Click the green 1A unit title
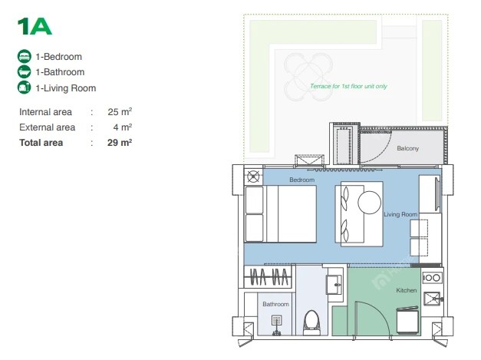point(35,26)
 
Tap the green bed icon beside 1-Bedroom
point(25,57)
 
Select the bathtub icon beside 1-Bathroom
point(25,72)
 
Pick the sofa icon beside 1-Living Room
point(25,88)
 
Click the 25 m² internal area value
point(120,112)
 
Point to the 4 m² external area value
point(123,127)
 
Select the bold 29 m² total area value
point(120,143)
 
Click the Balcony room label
point(407,148)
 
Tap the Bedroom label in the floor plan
point(301,180)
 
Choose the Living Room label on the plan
point(400,214)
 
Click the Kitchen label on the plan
point(406,290)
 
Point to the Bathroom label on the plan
point(275,304)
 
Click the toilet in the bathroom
point(311,322)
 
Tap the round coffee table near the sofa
point(369,202)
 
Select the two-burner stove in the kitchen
point(432,278)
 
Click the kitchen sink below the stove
point(432,299)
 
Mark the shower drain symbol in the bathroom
point(277,321)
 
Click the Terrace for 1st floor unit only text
point(348,86)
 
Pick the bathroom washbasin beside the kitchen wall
point(334,284)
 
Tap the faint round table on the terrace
point(308,77)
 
